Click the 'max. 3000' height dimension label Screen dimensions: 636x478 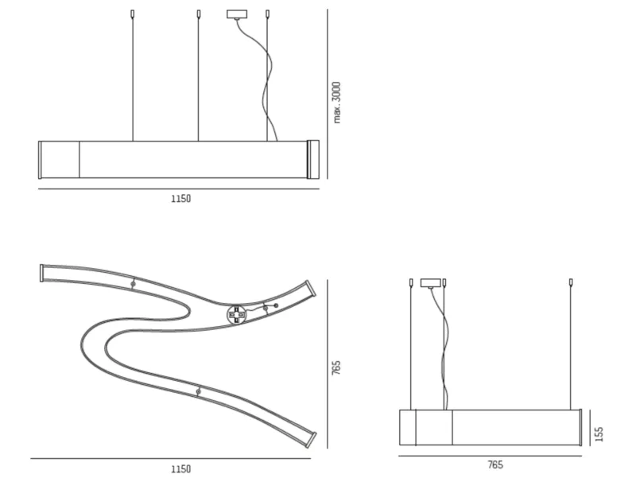pos(336,103)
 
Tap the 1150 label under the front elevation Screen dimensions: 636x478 pos(181,199)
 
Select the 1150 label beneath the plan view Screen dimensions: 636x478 pos(181,469)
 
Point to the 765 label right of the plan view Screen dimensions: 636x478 pos(336,367)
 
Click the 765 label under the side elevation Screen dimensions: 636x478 pos(495,465)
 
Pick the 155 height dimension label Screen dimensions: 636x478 pos(599,433)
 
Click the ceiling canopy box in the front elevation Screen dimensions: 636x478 pos(236,14)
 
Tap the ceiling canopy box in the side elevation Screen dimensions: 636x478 pos(431,283)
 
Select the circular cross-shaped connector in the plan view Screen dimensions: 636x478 pos(236,315)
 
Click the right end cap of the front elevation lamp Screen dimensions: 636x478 pos(313,160)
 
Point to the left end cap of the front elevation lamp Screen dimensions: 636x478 pos(40,160)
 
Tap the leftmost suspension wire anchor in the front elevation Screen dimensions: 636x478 pos(132,14)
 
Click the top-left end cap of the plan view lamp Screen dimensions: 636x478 pos(41,273)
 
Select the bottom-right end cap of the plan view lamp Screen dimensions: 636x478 pos(312,440)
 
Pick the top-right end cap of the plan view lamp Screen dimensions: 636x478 pos(311,288)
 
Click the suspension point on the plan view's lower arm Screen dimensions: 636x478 pos(198,392)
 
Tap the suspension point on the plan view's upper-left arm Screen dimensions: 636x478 pos(133,284)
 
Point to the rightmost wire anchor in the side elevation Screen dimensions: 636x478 pos(571,282)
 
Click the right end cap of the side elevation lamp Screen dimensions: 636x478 pos(581,428)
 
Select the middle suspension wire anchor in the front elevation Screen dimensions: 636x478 pos(198,14)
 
